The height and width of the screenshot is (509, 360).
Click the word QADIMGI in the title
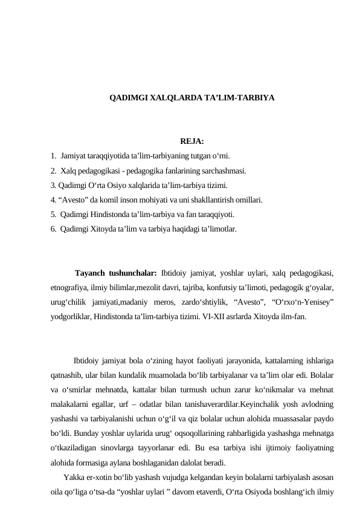pos(124,97)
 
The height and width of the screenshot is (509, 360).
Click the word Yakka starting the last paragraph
pos(73,479)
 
